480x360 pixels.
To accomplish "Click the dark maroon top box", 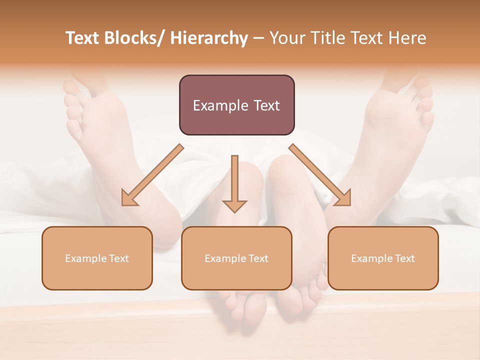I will (236, 105).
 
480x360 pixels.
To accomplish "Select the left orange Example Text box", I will (97, 258).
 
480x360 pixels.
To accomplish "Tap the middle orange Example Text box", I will (236, 258).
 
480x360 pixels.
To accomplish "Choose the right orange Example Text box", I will (383, 258).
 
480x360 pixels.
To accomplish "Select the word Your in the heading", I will (287, 38).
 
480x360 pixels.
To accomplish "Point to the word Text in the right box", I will (404, 258).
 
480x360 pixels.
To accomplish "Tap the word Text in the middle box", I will (258, 258).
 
